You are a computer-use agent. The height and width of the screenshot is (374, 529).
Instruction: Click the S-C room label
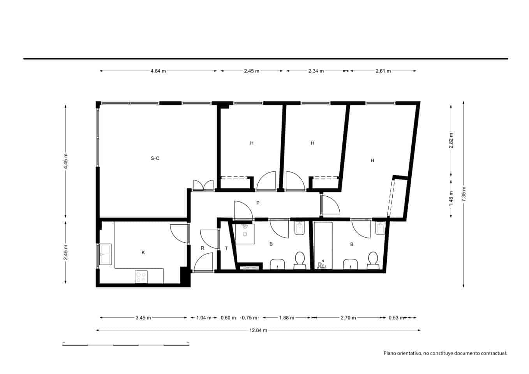point(155,158)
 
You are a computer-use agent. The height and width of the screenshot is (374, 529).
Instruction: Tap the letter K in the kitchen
point(143,252)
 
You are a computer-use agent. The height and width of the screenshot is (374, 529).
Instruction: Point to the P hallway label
point(257,203)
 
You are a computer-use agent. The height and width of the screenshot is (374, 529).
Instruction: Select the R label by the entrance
point(203,248)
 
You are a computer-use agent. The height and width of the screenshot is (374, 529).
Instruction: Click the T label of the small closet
point(226,248)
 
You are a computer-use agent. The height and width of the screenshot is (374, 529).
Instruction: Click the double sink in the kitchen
point(105,254)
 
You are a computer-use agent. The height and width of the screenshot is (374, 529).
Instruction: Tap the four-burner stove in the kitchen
point(141,277)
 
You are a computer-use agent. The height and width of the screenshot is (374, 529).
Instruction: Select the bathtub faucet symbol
point(323,265)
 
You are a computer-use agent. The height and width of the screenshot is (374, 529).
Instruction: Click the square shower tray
point(245,233)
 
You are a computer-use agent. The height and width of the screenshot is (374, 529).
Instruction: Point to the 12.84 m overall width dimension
point(258,330)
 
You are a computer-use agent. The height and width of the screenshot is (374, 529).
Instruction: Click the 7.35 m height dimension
point(464,194)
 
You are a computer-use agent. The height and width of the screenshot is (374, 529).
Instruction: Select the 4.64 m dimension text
point(158,71)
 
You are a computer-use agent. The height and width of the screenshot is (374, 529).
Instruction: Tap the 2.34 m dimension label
point(316,71)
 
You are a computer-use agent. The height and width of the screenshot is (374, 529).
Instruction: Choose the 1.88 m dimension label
point(286,318)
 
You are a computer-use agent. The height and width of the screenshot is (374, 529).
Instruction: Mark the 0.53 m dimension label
point(396,318)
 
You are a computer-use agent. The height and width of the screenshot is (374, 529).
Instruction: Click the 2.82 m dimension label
point(451,141)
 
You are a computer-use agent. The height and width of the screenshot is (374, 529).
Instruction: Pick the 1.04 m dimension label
point(204,318)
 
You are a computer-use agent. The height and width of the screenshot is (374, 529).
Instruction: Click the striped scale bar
point(126,345)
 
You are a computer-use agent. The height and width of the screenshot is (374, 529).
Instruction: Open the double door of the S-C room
point(203,185)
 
